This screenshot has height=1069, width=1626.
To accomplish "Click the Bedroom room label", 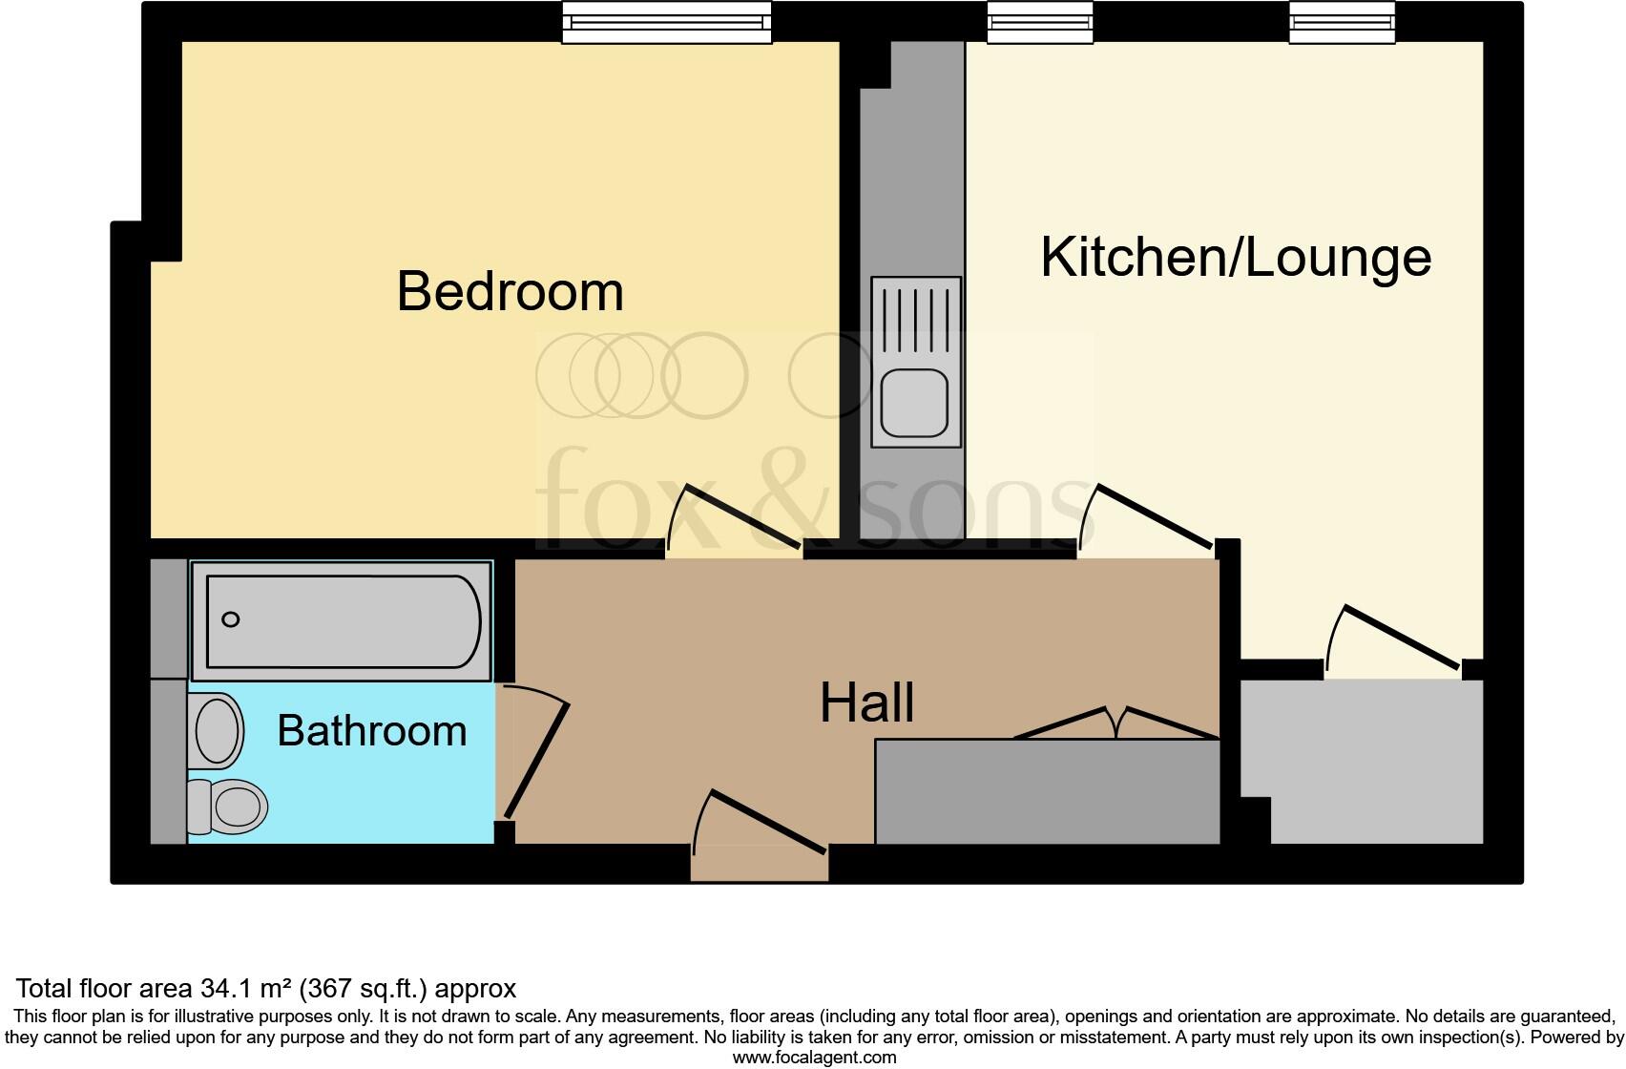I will [510, 291].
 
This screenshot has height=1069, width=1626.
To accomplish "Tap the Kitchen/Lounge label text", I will [1235, 257].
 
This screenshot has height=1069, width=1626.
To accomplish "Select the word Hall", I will [866, 703].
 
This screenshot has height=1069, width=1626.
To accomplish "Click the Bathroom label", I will [372, 731].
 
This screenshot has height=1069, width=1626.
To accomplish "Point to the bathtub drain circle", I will [230, 619].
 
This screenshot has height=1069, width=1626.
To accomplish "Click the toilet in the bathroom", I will [229, 807].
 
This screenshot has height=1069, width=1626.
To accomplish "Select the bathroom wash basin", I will [217, 730].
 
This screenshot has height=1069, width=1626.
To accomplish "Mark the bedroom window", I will [666, 22].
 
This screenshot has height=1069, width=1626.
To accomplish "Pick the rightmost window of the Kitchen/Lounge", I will [1342, 22].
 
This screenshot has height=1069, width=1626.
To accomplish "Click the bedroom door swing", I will [735, 520].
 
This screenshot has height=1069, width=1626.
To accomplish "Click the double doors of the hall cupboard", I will [1116, 723].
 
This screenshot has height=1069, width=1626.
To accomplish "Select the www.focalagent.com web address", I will [814, 1057].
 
